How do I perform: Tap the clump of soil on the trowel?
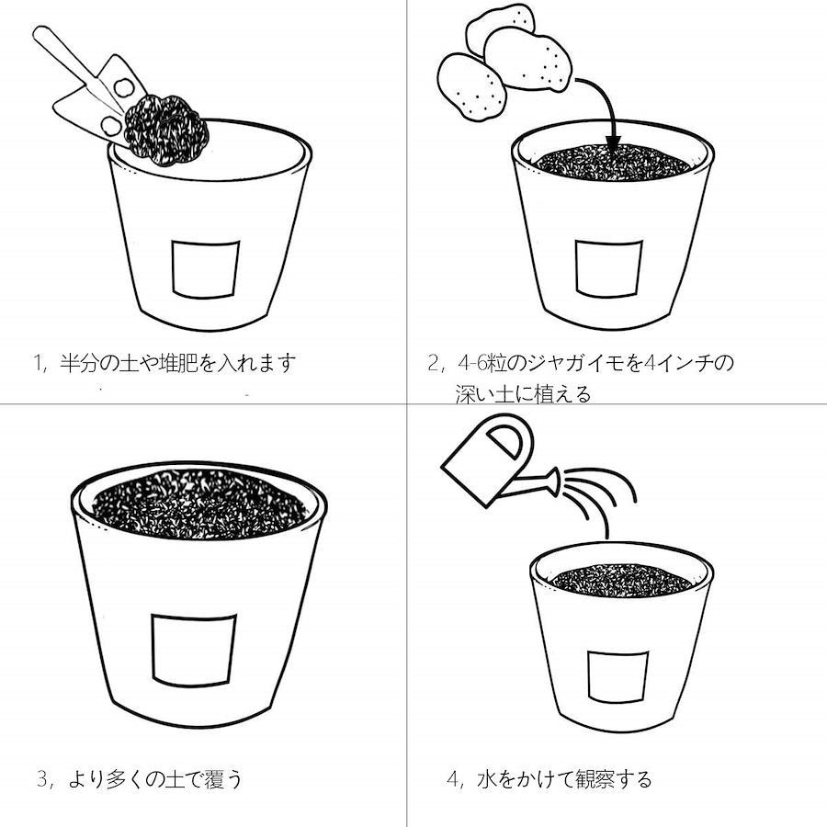[166, 130]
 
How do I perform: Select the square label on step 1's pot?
[205, 269]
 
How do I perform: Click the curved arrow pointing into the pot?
[603, 106]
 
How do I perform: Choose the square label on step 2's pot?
[608, 268]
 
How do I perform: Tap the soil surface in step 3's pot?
[199, 504]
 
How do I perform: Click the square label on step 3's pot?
[193, 651]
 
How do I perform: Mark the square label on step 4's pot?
[617, 677]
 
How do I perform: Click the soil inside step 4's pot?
[621, 580]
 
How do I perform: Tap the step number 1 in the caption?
[38, 363]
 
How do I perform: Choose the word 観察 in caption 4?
[595, 779]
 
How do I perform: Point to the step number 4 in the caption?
[452, 779]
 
